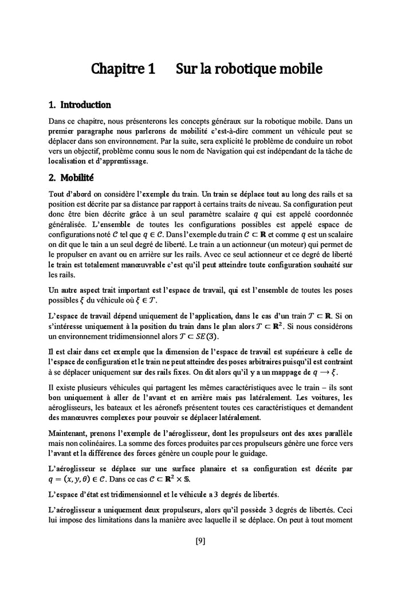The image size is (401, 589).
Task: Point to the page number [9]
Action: coord(200,541)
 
